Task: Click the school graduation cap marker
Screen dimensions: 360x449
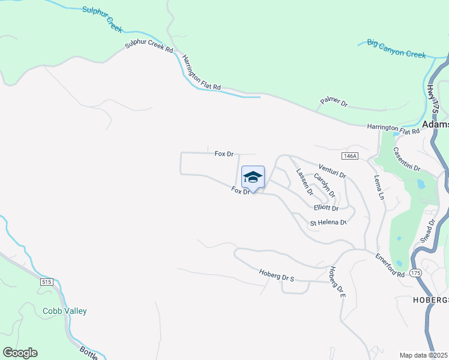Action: [253, 178]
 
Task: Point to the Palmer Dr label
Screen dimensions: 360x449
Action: [334, 102]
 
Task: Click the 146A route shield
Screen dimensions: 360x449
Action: [349, 156]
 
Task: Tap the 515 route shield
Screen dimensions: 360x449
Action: [47, 281]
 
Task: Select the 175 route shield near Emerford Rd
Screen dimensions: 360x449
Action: [416, 272]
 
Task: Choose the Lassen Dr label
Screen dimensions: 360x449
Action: [304, 182]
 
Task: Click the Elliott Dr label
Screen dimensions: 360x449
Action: [327, 208]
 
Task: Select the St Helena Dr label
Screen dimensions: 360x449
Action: [328, 223]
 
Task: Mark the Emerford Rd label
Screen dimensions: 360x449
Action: [390, 265]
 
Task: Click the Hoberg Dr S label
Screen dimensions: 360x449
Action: [276, 275]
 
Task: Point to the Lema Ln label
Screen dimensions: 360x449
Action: [378, 187]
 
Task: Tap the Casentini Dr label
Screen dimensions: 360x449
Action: [407, 159]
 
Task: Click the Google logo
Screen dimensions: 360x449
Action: [20, 353]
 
